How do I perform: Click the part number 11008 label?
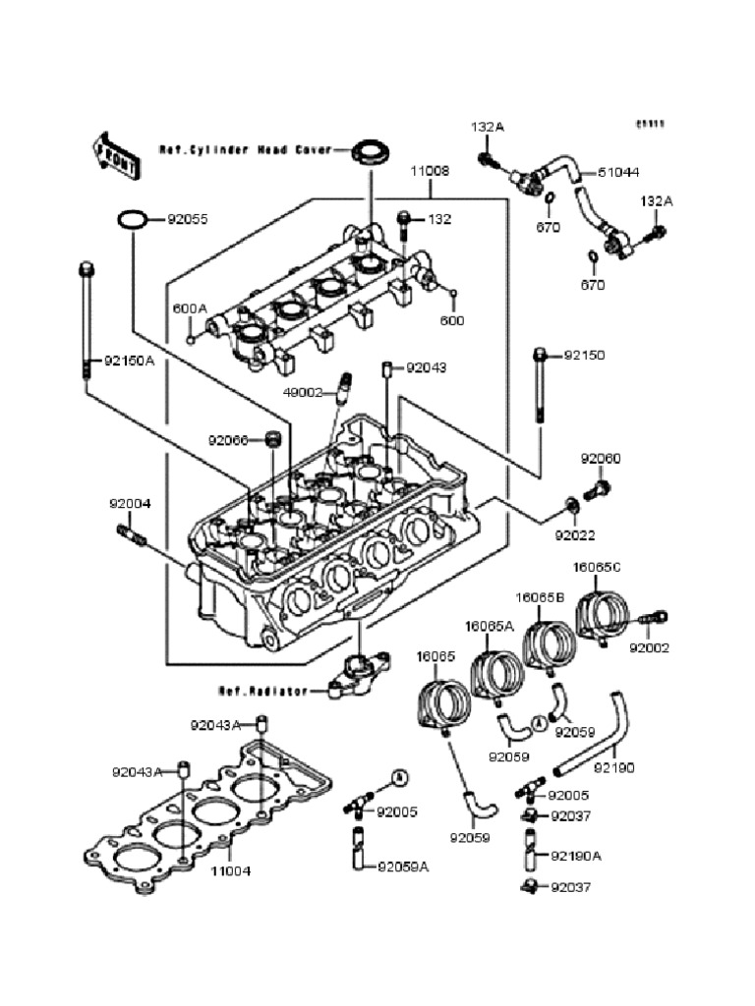(431, 171)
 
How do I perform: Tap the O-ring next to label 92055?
(134, 219)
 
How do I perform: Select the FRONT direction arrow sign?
(114, 151)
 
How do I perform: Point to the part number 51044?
(618, 172)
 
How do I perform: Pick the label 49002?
(304, 391)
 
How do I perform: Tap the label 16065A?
(490, 626)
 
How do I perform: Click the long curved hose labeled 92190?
(596, 735)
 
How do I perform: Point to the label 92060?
(600, 459)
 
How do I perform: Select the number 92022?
(575, 535)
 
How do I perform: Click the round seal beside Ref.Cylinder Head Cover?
(372, 151)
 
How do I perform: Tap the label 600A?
(190, 308)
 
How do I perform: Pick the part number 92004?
(130, 504)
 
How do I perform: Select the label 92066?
(227, 440)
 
